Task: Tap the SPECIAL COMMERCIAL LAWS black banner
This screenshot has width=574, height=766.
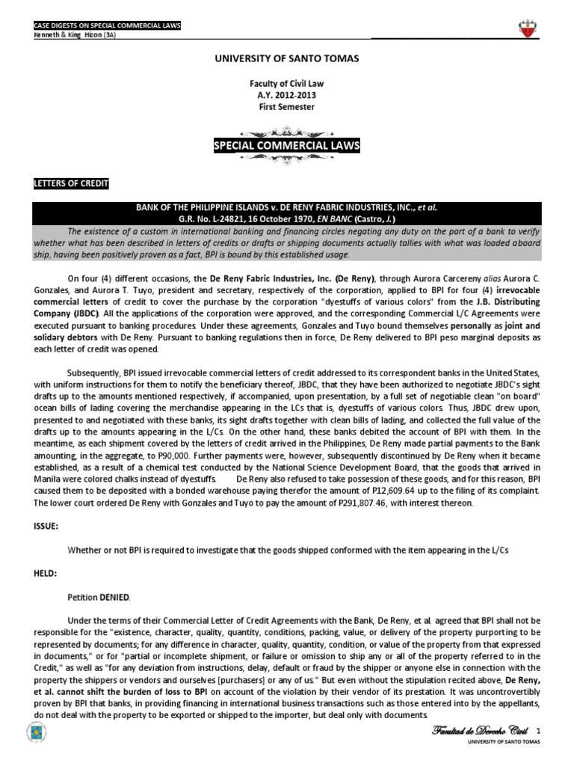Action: tap(286, 144)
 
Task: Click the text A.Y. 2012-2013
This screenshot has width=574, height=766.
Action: tap(286, 95)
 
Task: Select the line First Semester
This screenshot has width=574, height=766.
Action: tap(286, 107)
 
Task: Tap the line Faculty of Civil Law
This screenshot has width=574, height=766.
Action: tap(286, 83)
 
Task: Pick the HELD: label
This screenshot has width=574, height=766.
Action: tap(44, 574)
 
